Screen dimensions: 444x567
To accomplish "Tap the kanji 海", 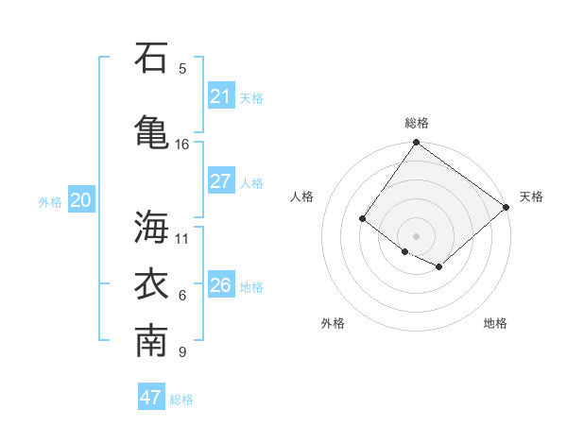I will coord(151,226).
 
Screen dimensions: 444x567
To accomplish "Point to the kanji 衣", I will coord(151,284).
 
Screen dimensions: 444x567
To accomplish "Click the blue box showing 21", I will coord(220,96).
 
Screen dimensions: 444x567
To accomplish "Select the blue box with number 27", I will coord(220,181).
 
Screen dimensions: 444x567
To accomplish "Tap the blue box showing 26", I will coord(220,285).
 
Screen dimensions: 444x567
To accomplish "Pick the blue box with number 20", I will coord(81,200).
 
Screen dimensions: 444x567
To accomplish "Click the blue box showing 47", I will coord(151,398).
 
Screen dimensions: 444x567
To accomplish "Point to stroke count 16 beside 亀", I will coord(182,145).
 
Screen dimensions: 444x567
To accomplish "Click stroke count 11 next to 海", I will coord(182,238).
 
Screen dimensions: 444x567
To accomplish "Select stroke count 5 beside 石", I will coord(182,69).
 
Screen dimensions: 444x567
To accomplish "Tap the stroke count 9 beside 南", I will coord(182,353).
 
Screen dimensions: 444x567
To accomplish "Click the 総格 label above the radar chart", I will coord(417,123).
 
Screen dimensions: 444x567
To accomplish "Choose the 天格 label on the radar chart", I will coord(531,196).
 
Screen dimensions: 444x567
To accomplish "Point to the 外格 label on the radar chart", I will coord(333,323).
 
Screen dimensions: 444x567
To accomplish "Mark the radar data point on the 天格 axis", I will coord(507,207).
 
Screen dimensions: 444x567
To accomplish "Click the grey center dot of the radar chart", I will coord(416,235).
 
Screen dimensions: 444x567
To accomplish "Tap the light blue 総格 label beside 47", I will coord(181,400).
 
